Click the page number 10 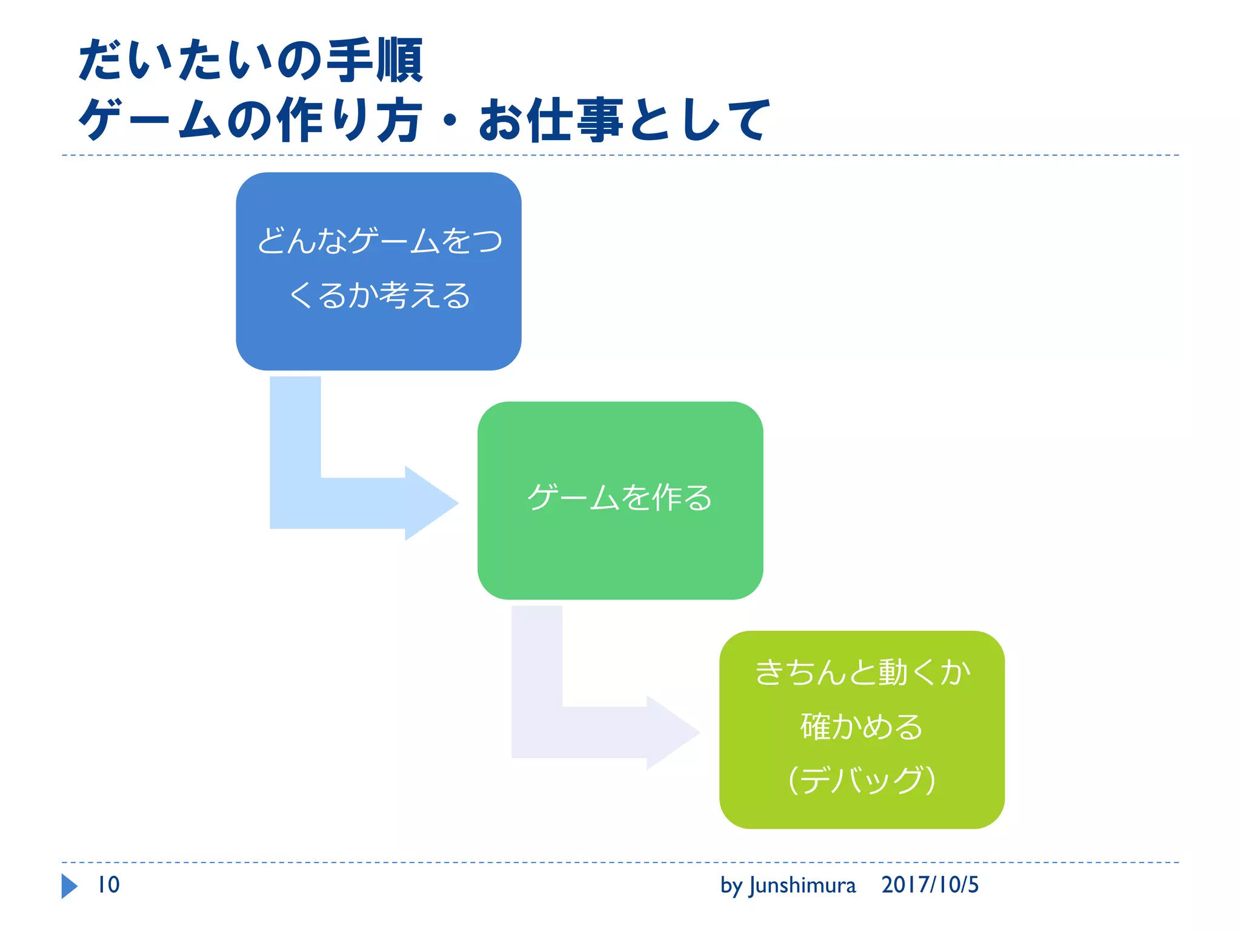[x=109, y=885]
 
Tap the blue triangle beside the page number [x=69, y=886]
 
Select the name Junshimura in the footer [x=802, y=886]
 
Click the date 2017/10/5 [x=930, y=885]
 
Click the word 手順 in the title [x=374, y=60]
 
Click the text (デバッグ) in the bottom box [x=862, y=779]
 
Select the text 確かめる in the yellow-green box [x=862, y=726]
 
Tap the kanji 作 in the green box [x=667, y=498]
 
